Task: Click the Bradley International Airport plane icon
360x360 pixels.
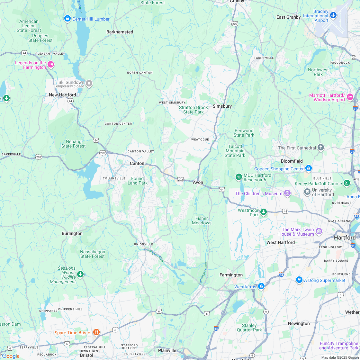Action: pyautogui.click(x=333, y=15)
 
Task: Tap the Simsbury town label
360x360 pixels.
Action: pyautogui.click(x=222, y=106)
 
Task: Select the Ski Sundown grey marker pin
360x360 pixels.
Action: pyautogui.click(x=89, y=84)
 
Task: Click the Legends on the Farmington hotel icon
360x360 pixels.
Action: pyautogui.click(x=51, y=65)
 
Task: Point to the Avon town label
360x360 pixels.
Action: pyautogui.click(x=198, y=182)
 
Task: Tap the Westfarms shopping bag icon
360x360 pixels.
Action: pyautogui.click(x=261, y=286)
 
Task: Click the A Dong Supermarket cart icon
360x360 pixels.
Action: pyautogui.click(x=299, y=280)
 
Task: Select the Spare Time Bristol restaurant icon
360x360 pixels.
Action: pyautogui.click(x=96, y=332)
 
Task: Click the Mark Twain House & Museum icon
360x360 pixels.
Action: pyautogui.click(x=319, y=231)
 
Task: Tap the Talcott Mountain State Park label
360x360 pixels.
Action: pyautogui.click(x=235, y=151)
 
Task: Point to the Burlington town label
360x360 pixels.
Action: pyautogui.click(x=72, y=233)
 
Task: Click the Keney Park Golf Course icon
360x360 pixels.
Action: pyautogui.click(x=346, y=183)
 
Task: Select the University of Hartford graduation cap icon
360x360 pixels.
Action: pyautogui.click(x=307, y=192)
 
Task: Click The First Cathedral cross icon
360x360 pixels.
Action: pyautogui.click(x=320, y=148)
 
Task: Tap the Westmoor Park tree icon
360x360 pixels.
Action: pyautogui.click(x=264, y=212)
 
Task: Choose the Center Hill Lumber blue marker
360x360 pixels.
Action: pyautogui.click(x=67, y=19)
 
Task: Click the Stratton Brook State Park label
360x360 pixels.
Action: pyautogui.click(x=194, y=110)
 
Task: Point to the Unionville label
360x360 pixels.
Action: pyautogui.click(x=143, y=244)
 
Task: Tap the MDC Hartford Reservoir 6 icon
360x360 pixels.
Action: pyautogui.click(x=239, y=177)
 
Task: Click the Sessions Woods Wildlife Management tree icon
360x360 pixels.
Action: pyautogui.click(x=80, y=274)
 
